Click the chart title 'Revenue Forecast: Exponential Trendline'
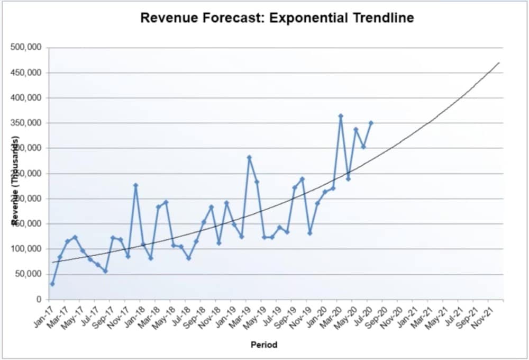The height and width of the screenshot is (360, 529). click(277, 18)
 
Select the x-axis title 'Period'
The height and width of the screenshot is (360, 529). click(264, 345)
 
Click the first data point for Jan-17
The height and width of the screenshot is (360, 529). click(52, 284)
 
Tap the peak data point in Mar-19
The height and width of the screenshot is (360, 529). click(249, 157)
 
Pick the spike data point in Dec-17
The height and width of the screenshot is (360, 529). click(135, 185)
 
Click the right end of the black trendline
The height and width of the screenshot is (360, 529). click(499, 62)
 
